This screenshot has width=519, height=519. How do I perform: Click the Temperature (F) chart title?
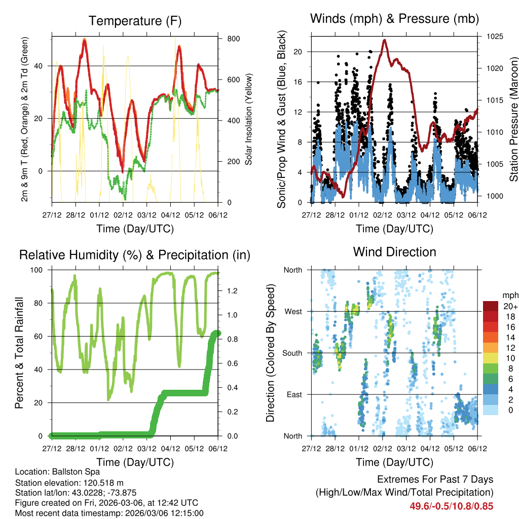click(135, 21)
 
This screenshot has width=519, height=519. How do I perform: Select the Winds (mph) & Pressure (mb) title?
click(394, 19)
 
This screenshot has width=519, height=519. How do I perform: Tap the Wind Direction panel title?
click(394, 251)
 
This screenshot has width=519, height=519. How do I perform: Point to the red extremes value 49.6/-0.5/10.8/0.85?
click(451, 506)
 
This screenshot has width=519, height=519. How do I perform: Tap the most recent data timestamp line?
click(109, 513)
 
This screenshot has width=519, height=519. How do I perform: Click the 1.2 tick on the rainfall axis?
click(232, 291)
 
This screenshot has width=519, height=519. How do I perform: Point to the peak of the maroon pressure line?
click(385, 40)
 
